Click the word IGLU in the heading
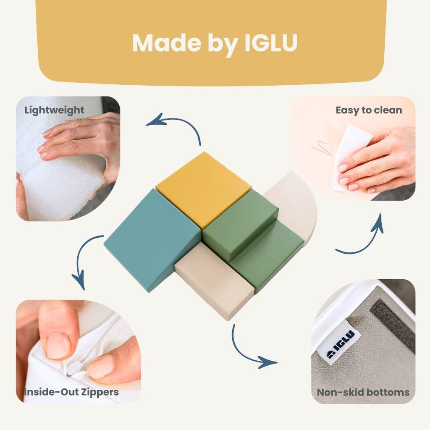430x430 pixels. click(271, 43)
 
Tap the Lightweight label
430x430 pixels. click(54, 110)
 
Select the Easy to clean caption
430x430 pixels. click(369, 110)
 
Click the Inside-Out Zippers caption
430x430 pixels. click(71, 392)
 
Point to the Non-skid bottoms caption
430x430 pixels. click(363, 392)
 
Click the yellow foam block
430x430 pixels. click(203, 189)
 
